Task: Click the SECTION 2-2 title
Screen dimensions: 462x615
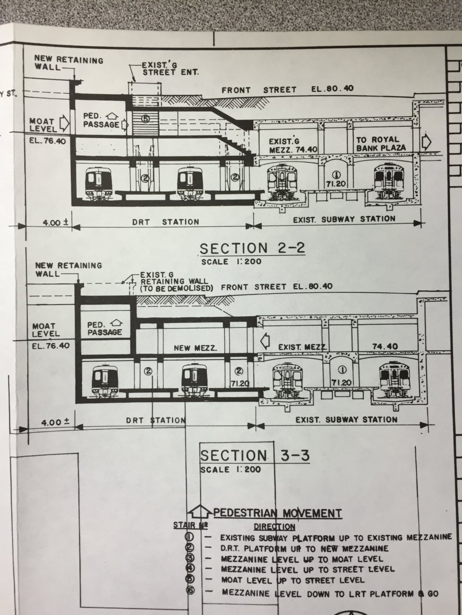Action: [x=252, y=248]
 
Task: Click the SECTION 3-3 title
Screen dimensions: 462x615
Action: [x=255, y=455]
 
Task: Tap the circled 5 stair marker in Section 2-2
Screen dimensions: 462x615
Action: [x=146, y=119]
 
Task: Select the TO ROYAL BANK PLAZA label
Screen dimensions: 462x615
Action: [x=381, y=144]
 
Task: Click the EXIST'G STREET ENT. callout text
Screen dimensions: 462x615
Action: [x=170, y=69]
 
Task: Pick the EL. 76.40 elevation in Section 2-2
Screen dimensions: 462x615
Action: [x=48, y=141]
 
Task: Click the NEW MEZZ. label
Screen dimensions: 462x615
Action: [x=195, y=348]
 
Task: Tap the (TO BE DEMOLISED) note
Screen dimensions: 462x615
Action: [x=176, y=288]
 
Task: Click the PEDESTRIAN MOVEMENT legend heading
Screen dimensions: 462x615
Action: [x=278, y=513]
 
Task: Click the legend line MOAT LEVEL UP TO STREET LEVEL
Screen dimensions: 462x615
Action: [x=293, y=580]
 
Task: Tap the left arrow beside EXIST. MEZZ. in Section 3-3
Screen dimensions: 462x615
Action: [x=265, y=341]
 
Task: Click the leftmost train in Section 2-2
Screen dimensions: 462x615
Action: [x=98, y=184]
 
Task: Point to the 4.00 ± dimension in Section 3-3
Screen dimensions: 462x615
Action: [x=55, y=422]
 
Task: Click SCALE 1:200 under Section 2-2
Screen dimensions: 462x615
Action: [x=231, y=262]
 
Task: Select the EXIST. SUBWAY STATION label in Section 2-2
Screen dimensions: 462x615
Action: [x=344, y=219]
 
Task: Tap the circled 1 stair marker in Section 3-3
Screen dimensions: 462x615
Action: [x=344, y=369]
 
